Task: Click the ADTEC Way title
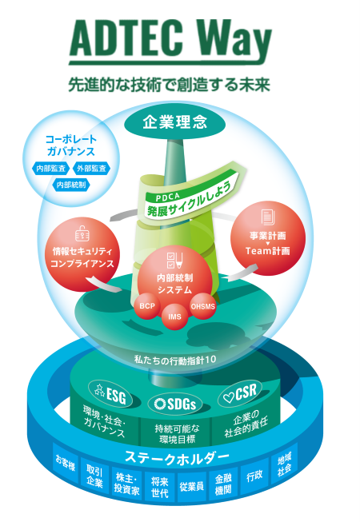pos(170,42)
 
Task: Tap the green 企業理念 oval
pos(175,123)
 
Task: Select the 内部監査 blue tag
pos(51,169)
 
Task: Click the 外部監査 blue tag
pos(91,169)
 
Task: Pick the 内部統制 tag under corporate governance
pos(71,185)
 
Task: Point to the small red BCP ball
pos(147,305)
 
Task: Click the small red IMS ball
pos(174,317)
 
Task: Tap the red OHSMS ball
pos(203,306)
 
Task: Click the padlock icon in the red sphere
pos(82,233)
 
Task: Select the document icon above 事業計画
pos(268,217)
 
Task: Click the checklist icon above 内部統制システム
pos(174,261)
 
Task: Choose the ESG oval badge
pos(110,393)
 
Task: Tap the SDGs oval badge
pos(175,404)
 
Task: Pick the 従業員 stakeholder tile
pos(192,486)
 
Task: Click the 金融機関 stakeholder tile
pos(223,484)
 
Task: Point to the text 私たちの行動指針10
pos(175,360)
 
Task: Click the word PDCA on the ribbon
pos(167,197)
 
